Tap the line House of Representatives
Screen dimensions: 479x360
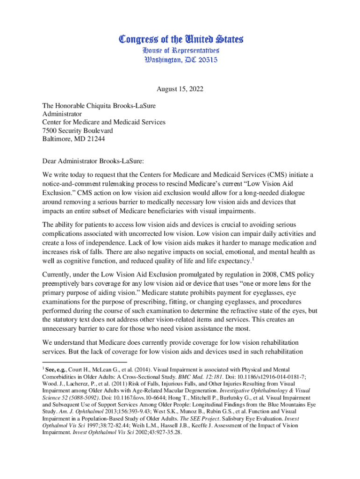[180, 50]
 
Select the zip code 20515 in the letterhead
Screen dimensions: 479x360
[204, 60]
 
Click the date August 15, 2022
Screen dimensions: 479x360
[180, 88]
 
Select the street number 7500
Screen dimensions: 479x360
[50, 131]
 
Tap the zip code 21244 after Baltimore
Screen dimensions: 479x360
[95, 139]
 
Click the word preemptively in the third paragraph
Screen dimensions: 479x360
[63, 283]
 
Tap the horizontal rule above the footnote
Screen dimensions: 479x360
[84, 362]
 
